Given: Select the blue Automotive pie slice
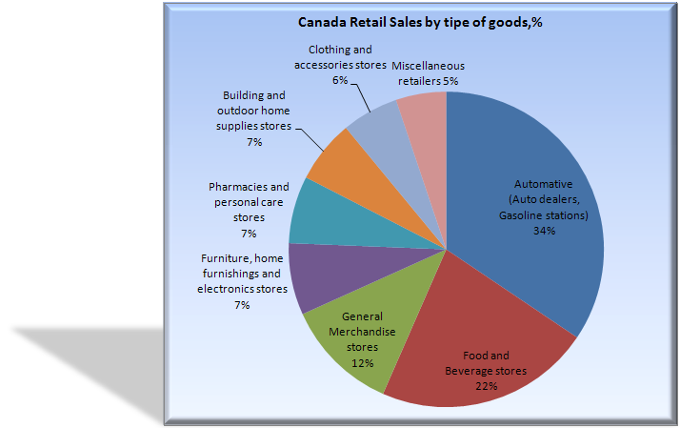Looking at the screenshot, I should tap(533, 172).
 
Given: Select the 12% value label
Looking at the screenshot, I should tap(361, 363).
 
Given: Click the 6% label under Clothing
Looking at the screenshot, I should tap(340, 82).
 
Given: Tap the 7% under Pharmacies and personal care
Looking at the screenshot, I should tap(249, 233).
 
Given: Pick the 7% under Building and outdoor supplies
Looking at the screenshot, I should tap(253, 142).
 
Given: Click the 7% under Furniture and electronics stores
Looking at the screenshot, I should tap(242, 305).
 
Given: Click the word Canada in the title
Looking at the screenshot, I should tap(321, 21).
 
